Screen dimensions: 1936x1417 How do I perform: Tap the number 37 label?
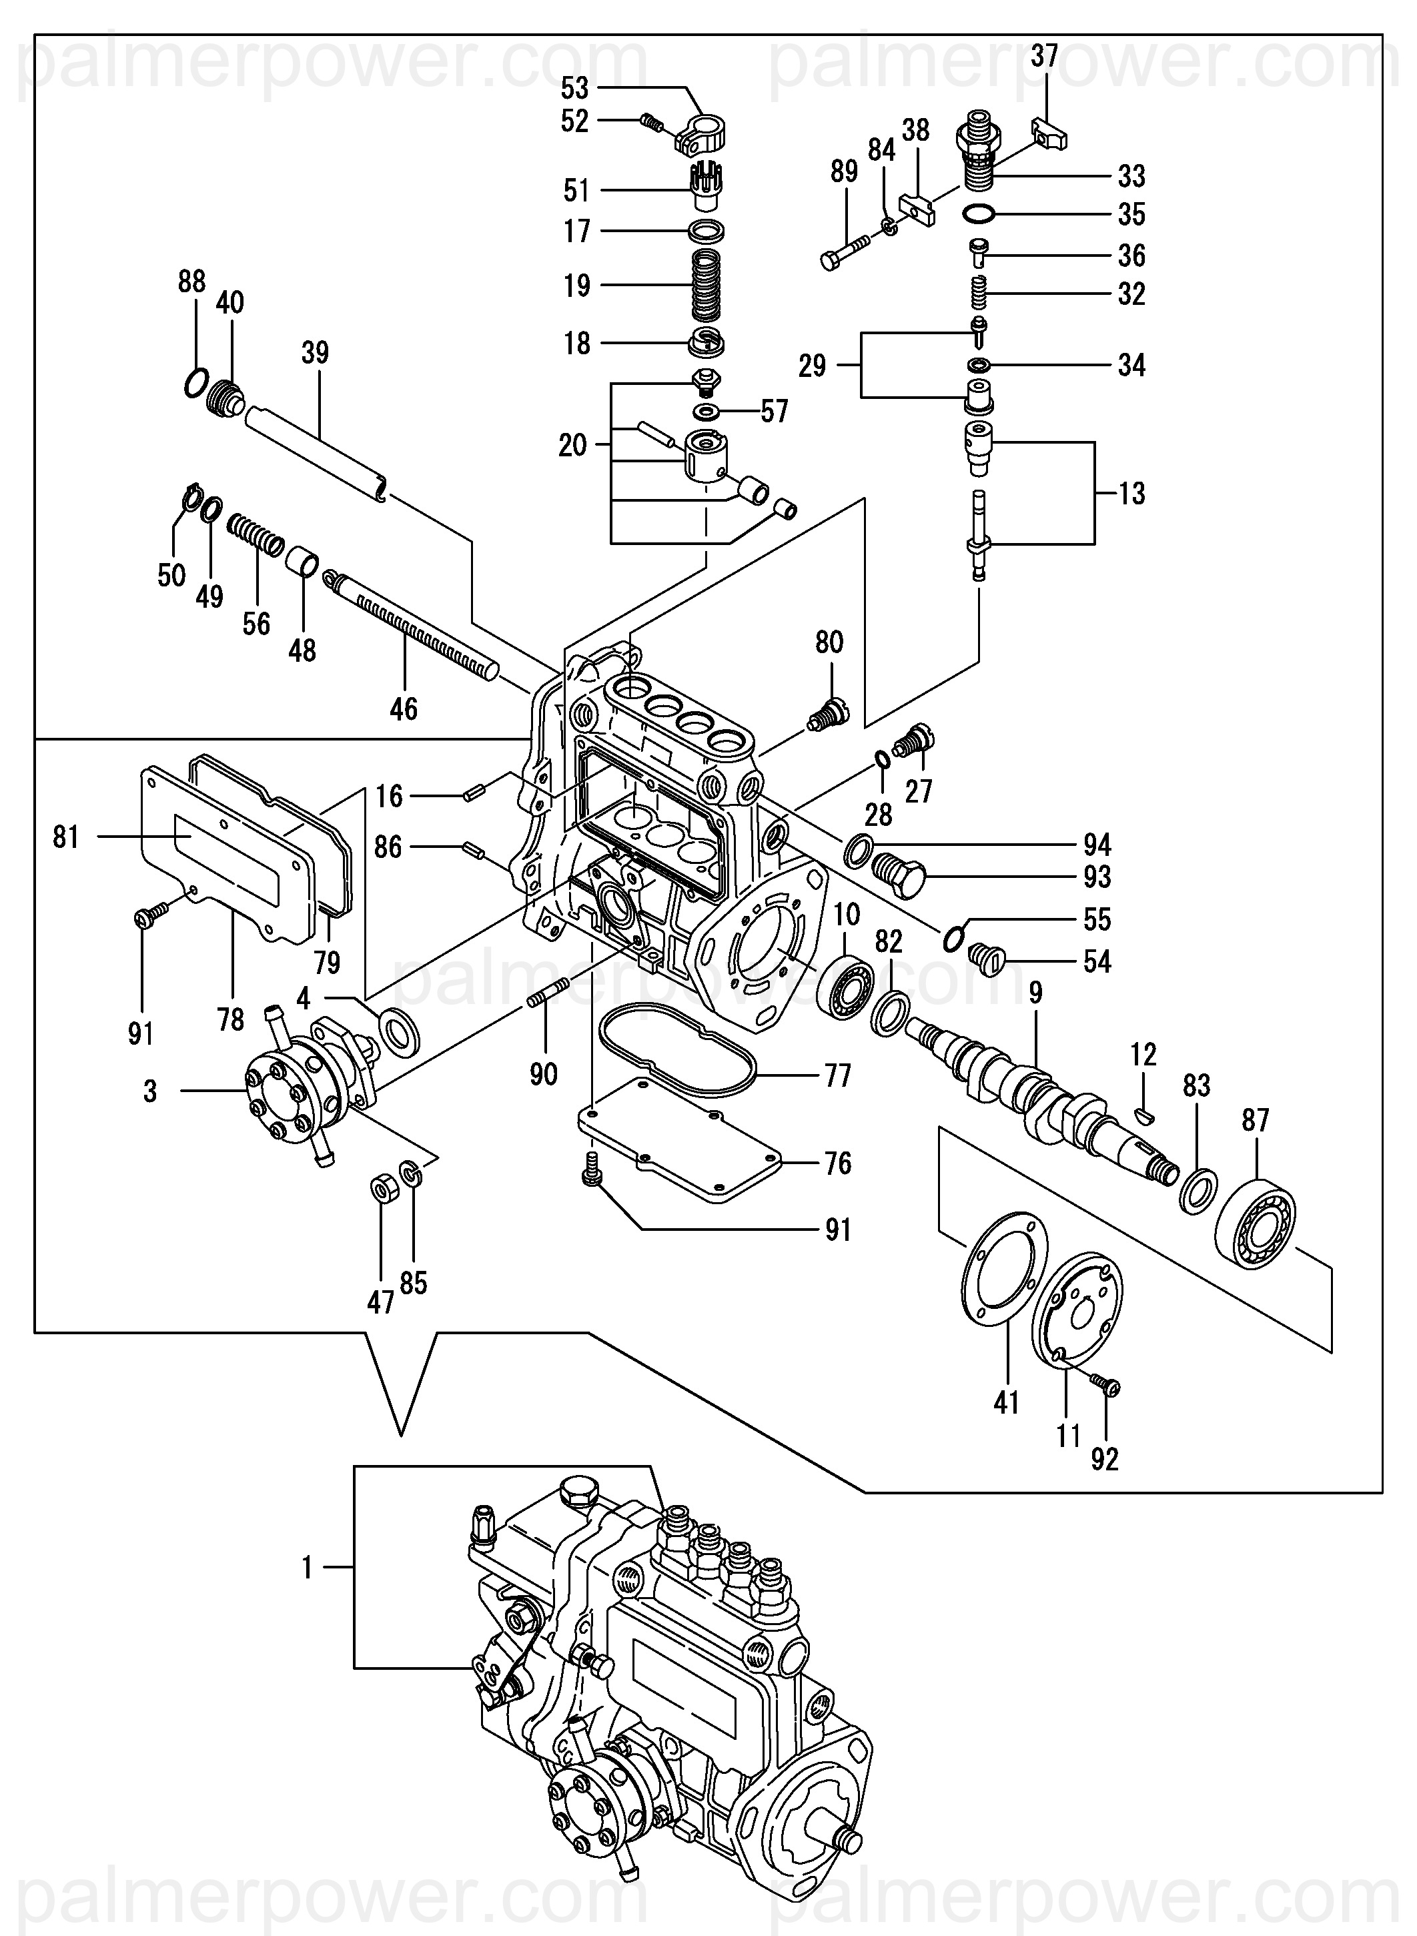(1044, 57)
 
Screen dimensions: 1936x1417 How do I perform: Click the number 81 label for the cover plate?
(66, 837)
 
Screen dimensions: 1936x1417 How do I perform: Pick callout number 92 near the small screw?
(1105, 1459)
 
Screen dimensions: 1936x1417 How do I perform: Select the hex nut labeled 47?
(381, 1192)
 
